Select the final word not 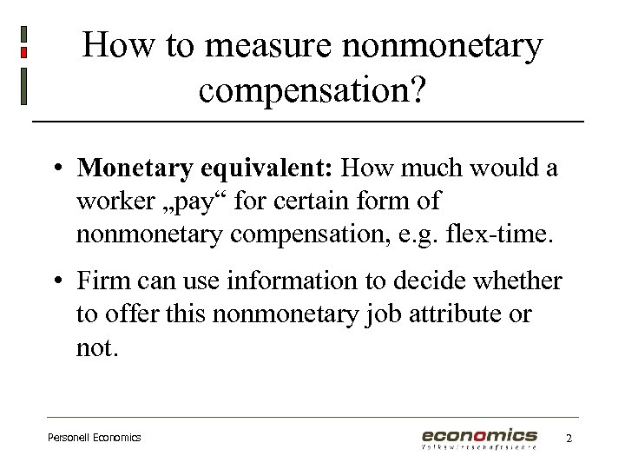95,348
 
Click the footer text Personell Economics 94,438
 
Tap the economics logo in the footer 479,438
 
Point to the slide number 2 569,439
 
